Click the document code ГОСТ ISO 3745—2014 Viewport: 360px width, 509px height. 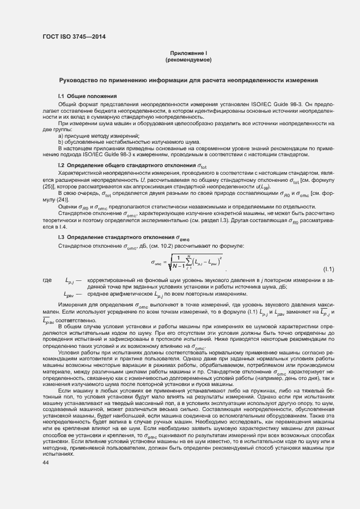[74, 36]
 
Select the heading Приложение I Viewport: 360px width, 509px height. [188, 52]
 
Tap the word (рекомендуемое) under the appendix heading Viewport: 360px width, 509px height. [188, 59]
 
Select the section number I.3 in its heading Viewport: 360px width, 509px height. [62, 238]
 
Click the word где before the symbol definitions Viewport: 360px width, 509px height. [47, 280]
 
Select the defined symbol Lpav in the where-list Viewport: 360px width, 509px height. [69, 295]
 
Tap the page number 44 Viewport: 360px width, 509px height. [46, 463]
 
